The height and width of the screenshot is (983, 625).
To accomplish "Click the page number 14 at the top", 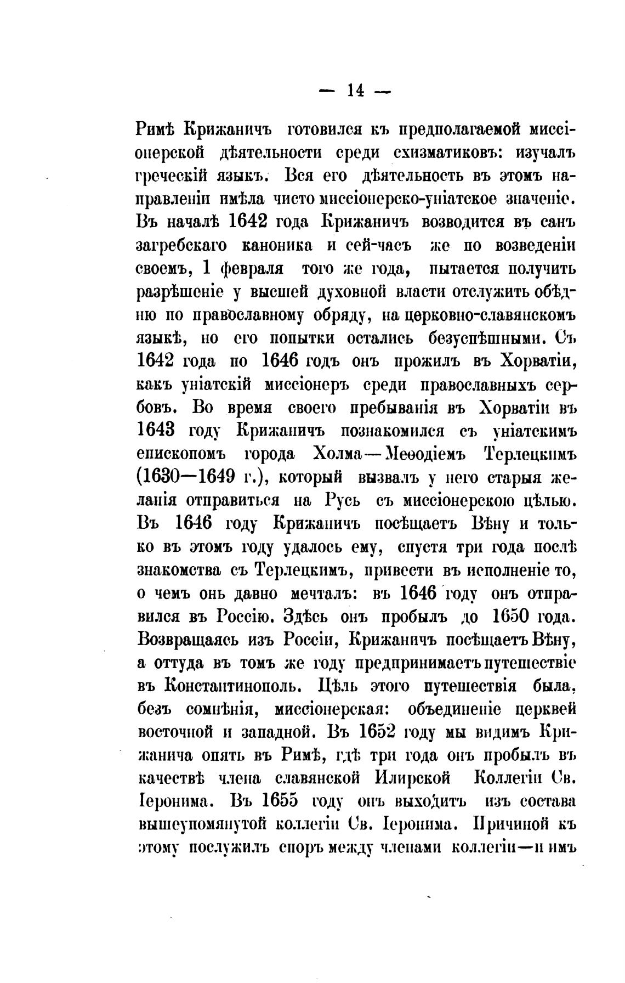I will point(355,91).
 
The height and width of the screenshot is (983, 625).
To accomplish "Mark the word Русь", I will point(343,500).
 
